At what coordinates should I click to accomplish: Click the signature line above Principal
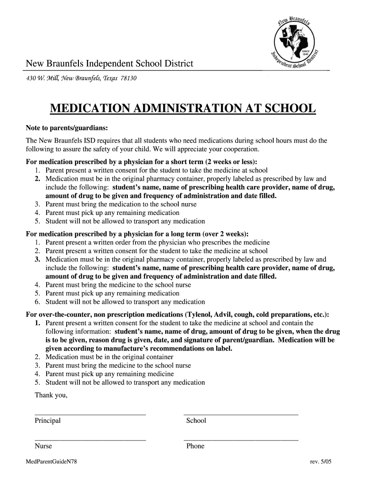[x=90, y=415]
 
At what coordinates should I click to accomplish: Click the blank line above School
[x=241, y=415]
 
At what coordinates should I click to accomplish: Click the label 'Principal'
[x=48, y=421]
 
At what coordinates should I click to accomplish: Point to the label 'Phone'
[x=195, y=447]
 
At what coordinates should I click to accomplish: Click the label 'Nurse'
[x=43, y=447]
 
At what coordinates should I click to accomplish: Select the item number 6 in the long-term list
[x=37, y=302]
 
